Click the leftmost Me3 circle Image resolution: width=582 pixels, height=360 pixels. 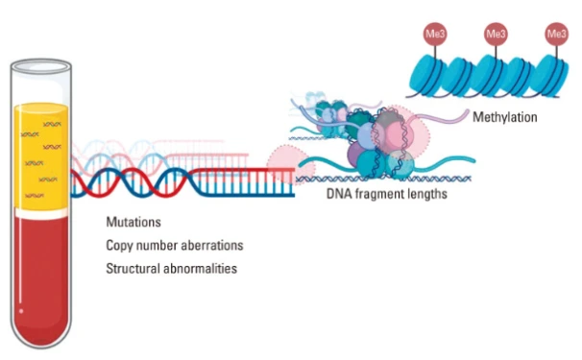pos(435,35)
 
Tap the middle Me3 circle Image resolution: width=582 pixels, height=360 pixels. pos(496,35)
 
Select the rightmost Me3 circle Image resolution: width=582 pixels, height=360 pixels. pos(557,35)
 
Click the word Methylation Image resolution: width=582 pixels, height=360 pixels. pos(505,117)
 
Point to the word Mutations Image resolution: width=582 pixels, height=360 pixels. pos(133,222)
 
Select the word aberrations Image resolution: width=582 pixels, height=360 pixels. pos(212,246)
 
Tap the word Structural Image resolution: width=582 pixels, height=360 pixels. pos(133,269)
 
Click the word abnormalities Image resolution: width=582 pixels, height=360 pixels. pos(200,269)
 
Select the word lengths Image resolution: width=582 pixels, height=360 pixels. pos(426,194)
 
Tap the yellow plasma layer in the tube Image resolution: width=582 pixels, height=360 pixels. pos(41,156)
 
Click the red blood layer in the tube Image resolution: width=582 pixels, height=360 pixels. pos(41,278)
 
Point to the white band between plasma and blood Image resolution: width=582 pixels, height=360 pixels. pos(41,213)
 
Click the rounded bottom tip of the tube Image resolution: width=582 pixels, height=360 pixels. pos(41,347)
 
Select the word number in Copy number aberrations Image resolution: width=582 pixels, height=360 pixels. pos(157,246)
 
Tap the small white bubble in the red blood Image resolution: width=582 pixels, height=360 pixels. pos(21,311)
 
